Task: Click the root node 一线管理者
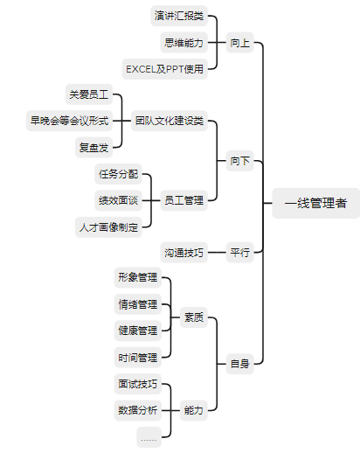point(315,203)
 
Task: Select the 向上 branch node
point(240,43)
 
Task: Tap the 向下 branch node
point(240,161)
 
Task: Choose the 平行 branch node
point(240,252)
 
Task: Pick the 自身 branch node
point(240,364)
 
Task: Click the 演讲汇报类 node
point(179,16)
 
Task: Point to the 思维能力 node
point(184,43)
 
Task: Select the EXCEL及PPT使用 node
point(164,69)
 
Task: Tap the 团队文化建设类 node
point(170,121)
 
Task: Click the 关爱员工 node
point(89,94)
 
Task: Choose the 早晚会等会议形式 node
point(69,121)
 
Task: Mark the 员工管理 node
point(184,200)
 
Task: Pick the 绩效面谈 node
point(118,200)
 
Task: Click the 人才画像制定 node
point(108,227)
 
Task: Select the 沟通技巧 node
point(184,252)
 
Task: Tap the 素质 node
point(194,317)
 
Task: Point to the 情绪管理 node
point(138,304)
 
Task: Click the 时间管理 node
point(138,357)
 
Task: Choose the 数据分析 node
point(138,410)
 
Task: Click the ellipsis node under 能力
point(149,437)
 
